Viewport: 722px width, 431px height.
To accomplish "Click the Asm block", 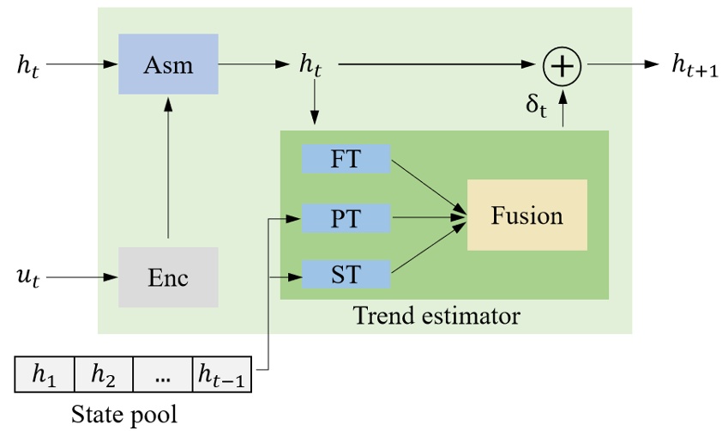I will [168, 64].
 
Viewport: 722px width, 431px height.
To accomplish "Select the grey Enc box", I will [168, 277].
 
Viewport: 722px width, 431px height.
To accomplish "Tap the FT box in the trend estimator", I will [346, 159].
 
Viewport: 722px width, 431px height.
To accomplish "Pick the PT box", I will [346, 218].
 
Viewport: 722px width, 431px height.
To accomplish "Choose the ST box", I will [346, 276].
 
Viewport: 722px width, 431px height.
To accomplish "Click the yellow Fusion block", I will [526, 215].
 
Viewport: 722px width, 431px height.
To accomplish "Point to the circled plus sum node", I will [563, 64].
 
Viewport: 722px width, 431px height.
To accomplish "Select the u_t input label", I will [29, 278].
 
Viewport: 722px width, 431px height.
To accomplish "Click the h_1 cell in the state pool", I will [45, 373].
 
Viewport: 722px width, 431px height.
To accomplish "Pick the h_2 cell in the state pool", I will [104, 373].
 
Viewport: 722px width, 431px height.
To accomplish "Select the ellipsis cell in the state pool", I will [163, 373].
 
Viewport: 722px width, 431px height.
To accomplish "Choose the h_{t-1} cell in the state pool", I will [222, 373].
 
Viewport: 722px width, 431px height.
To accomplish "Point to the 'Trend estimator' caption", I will [436, 317].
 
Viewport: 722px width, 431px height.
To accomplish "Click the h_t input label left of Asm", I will [28, 64].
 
